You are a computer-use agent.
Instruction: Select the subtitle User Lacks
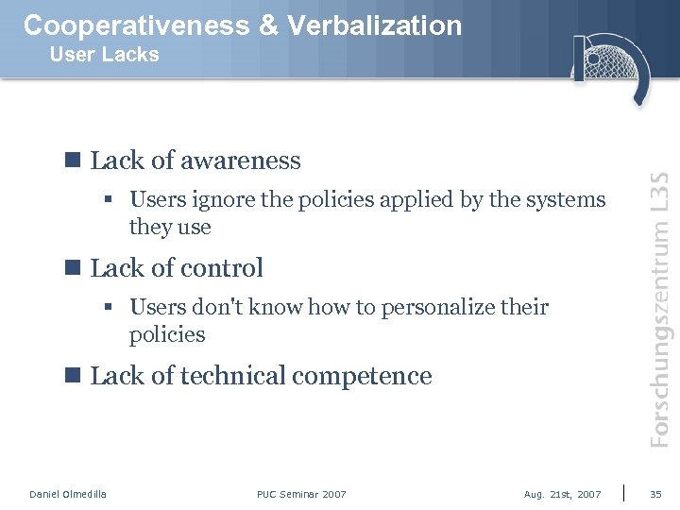pyautogui.click(x=104, y=55)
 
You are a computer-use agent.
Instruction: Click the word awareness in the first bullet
pyautogui.click(x=240, y=161)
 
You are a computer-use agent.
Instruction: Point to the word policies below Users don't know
pyautogui.click(x=167, y=335)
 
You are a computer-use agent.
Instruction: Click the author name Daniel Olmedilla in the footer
pyautogui.click(x=68, y=494)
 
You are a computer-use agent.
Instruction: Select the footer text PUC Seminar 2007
pyautogui.click(x=301, y=494)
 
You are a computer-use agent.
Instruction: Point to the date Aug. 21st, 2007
pyautogui.click(x=562, y=494)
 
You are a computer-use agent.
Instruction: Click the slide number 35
pyautogui.click(x=655, y=494)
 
